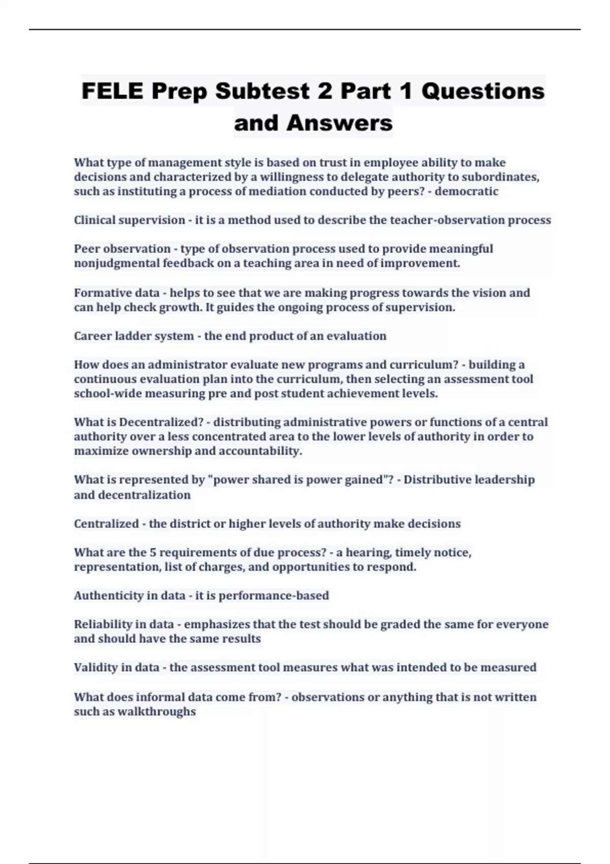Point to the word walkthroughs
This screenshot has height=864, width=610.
pos(157,712)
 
